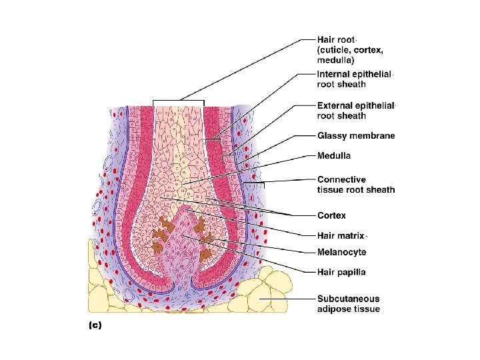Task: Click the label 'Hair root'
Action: coord(337,39)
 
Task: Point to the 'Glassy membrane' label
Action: coord(355,135)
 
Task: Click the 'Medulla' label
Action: coord(334,155)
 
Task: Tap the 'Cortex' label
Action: coord(331,215)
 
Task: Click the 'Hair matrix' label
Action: coord(341,235)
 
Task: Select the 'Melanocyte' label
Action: coord(341,253)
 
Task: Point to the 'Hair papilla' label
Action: coord(341,272)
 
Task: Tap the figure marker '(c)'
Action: coord(95,325)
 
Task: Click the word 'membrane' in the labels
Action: coord(374,135)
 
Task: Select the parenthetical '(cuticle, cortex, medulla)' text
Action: coord(350,54)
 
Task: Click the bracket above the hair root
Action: coord(179,101)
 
